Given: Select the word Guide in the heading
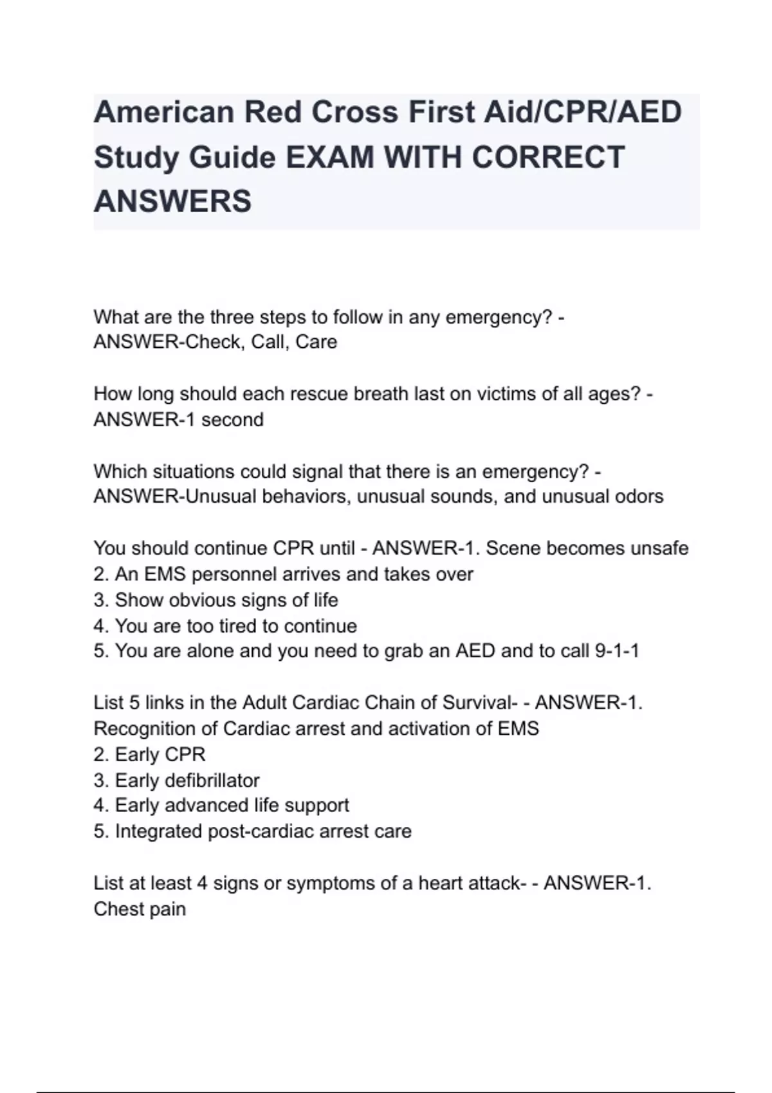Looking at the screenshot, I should pos(231,158).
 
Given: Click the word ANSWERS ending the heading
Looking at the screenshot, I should pos(172,202).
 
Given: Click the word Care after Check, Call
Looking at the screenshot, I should pos(316,342).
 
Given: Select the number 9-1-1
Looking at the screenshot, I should pos(617,651).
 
